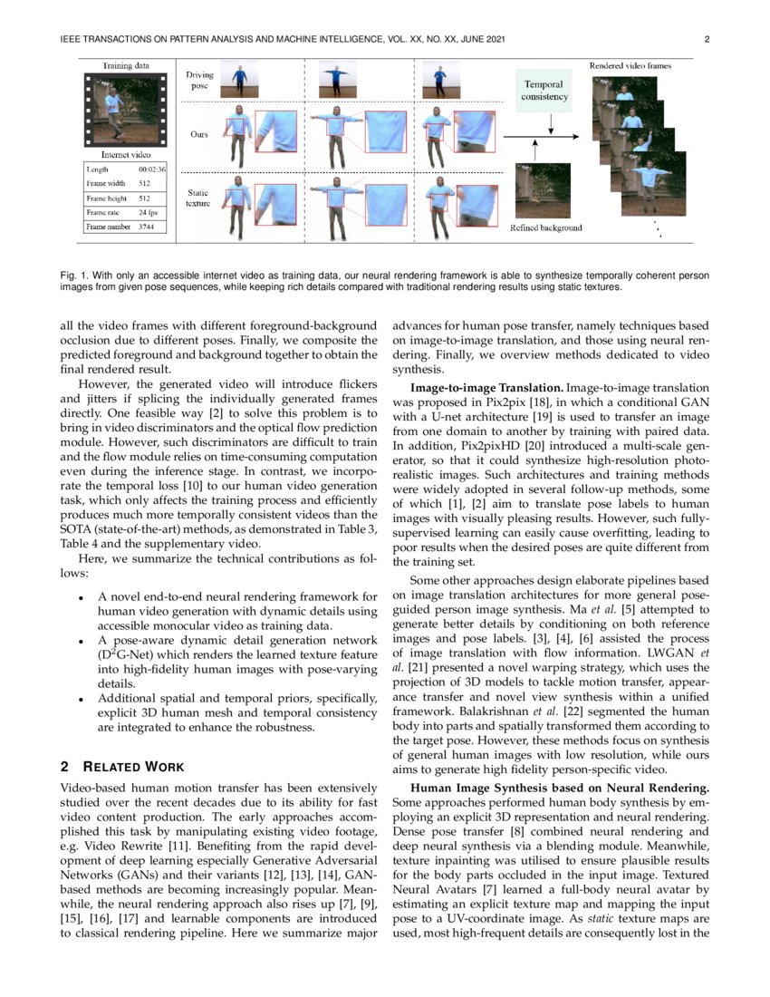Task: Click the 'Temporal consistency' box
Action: click(x=545, y=90)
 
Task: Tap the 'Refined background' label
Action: click(x=546, y=227)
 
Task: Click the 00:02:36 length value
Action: click(x=151, y=169)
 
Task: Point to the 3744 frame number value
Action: click(x=148, y=227)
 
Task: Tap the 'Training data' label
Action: click(x=125, y=66)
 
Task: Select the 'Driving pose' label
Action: click(x=199, y=81)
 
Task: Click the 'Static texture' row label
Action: click(x=198, y=198)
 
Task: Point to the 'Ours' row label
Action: click(x=198, y=134)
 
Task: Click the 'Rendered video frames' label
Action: click(x=630, y=66)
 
